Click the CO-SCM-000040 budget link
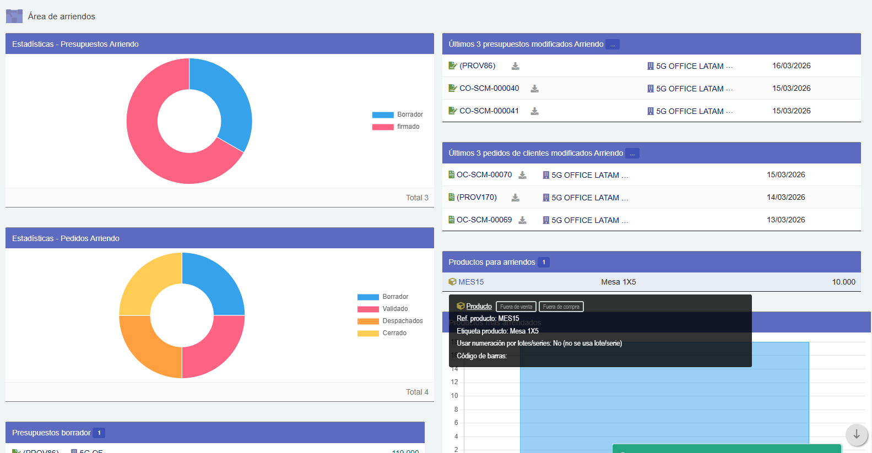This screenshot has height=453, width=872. [x=489, y=88]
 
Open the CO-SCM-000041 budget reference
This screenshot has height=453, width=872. [x=489, y=111]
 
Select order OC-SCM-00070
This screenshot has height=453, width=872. [x=484, y=174]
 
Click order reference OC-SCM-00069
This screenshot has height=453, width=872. [x=484, y=220]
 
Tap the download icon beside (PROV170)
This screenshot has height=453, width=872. [x=516, y=198]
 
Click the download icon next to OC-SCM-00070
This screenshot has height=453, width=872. [x=523, y=175]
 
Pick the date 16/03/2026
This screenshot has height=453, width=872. [x=791, y=66]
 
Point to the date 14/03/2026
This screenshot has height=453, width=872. [x=786, y=197]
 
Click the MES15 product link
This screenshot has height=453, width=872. [x=471, y=282]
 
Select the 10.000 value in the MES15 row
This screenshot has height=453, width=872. [x=843, y=282]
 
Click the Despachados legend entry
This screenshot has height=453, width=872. [x=402, y=321]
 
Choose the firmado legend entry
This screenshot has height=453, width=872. [x=408, y=127]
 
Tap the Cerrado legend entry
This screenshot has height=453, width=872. [x=394, y=333]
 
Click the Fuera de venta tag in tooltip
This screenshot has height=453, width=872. [x=516, y=307]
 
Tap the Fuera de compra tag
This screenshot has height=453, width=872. [x=561, y=307]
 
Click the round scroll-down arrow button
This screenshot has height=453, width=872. [x=857, y=435]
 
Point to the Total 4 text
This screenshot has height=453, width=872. [x=417, y=392]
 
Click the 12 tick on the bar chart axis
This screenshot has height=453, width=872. [x=454, y=382]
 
